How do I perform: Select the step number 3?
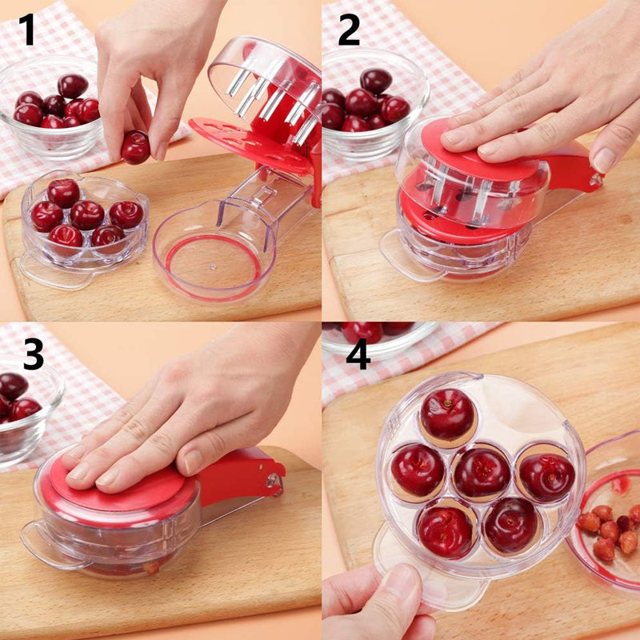pyautogui.click(x=32, y=353)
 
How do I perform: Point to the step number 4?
pyautogui.click(x=358, y=353)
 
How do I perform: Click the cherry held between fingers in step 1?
pyautogui.click(x=135, y=146)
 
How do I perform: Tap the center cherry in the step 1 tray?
pyautogui.click(x=86, y=214)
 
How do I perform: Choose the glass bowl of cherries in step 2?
pyautogui.click(x=372, y=108)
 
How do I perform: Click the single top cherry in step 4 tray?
pyautogui.click(x=448, y=415)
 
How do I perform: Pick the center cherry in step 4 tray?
pyautogui.click(x=481, y=473)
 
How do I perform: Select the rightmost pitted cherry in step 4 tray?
pyautogui.click(x=546, y=477)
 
